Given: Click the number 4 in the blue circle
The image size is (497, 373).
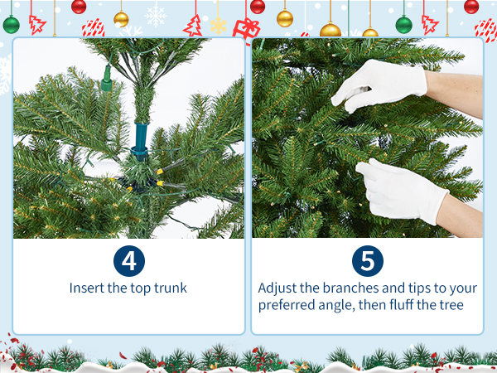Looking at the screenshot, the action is click(x=129, y=261).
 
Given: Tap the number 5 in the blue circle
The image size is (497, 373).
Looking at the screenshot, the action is click(x=367, y=261).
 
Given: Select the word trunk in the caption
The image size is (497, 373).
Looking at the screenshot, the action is click(x=170, y=288).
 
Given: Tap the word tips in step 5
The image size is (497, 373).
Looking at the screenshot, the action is click(x=419, y=289).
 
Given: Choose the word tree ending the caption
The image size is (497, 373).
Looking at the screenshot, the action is click(x=451, y=305).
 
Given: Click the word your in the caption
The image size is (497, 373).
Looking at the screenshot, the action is click(x=462, y=289).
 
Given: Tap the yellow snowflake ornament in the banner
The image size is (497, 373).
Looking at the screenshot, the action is click(x=219, y=26).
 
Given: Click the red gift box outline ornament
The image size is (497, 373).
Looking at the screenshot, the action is click(x=247, y=28).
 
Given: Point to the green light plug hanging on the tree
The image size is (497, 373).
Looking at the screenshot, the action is click(x=107, y=78).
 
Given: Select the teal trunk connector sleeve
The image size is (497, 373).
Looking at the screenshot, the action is click(x=141, y=140).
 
